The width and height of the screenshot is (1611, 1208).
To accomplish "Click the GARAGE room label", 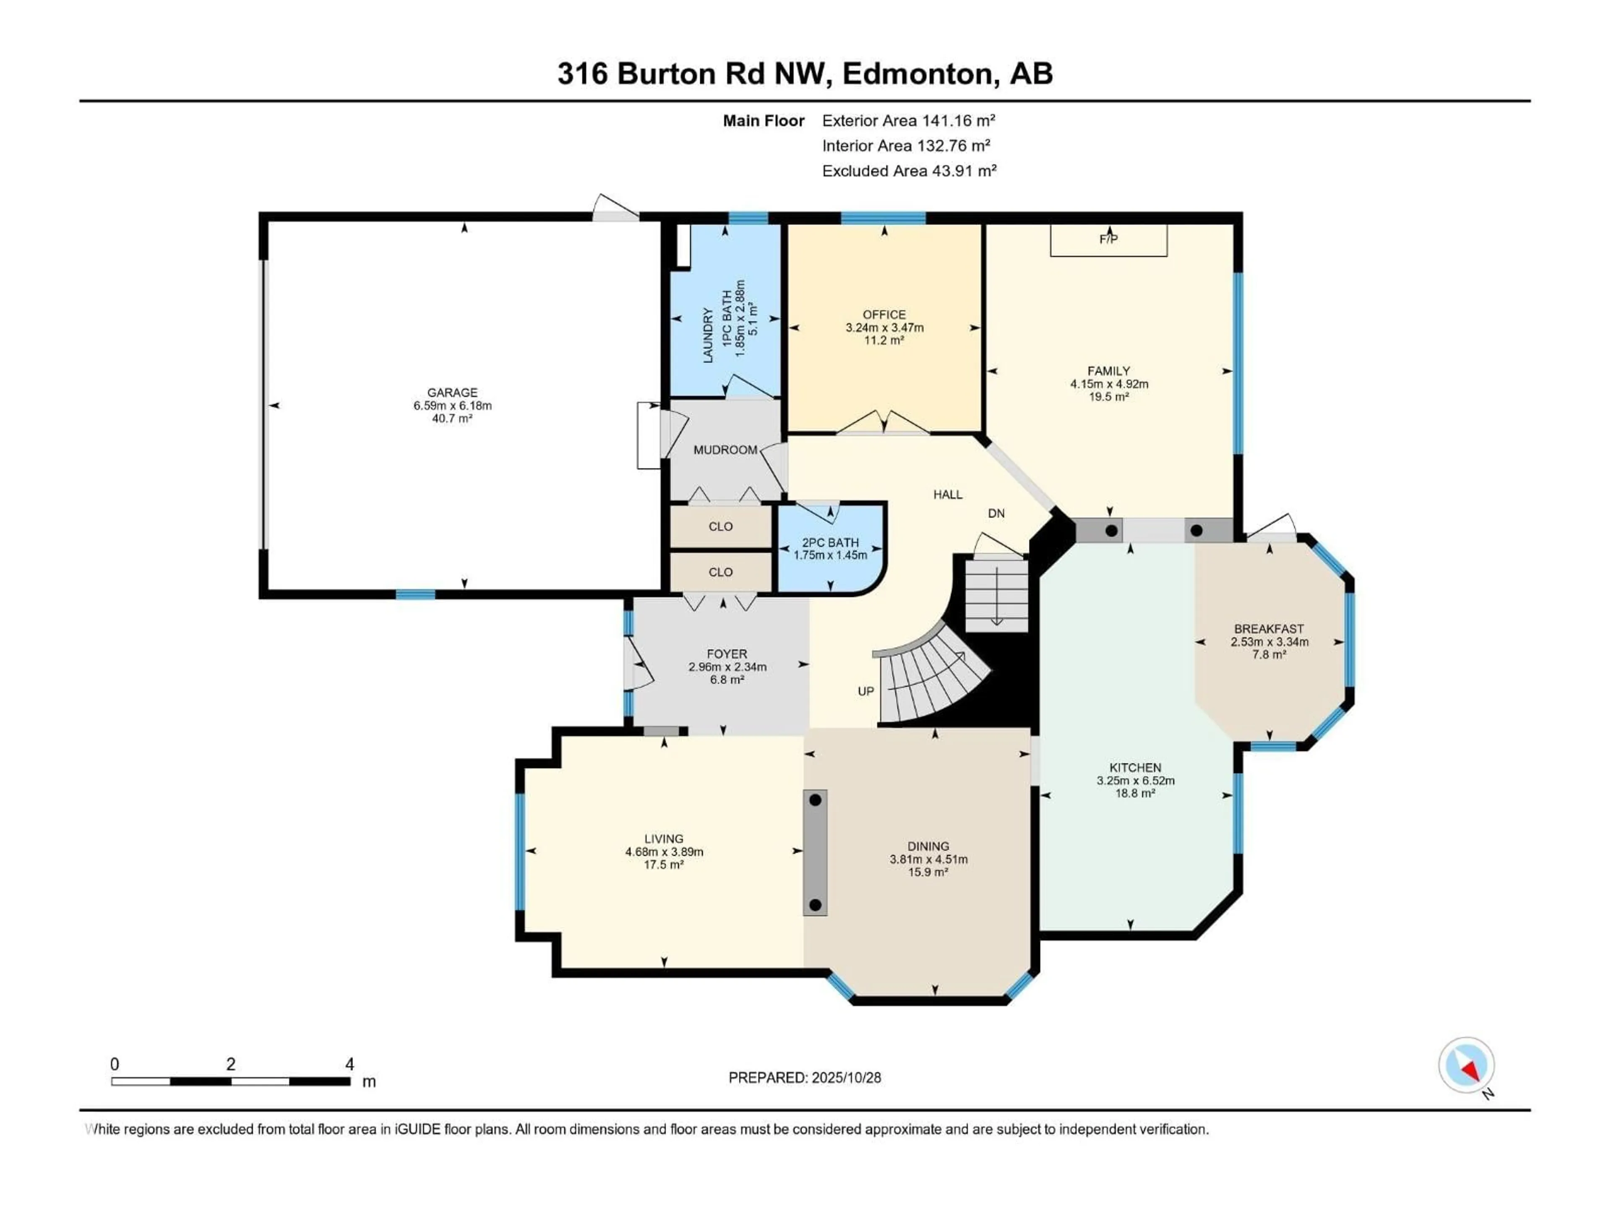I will pyautogui.click(x=452, y=393).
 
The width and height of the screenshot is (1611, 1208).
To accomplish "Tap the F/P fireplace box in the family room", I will pyautogui.click(x=1108, y=240).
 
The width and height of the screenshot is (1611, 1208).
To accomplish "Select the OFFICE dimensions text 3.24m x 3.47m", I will pyautogui.click(x=884, y=328).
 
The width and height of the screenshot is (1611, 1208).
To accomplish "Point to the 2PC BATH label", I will pyautogui.click(x=830, y=542).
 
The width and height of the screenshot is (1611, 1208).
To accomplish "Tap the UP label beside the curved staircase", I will pyautogui.click(x=865, y=691).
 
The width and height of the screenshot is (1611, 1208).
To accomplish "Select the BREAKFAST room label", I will pyautogui.click(x=1269, y=628).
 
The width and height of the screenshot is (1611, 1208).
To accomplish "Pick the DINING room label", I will pyautogui.click(x=928, y=846).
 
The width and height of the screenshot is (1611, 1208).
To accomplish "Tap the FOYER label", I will pyautogui.click(x=726, y=654).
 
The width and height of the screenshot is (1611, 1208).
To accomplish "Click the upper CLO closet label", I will pyautogui.click(x=720, y=526).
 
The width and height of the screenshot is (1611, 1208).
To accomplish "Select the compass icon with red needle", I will pyautogui.click(x=1466, y=1066).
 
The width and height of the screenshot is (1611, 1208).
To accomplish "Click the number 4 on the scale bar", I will pyautogui.click(x=349, y=1065).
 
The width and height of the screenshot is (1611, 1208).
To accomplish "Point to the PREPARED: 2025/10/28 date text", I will pyautogui.click(x=804, y=1078).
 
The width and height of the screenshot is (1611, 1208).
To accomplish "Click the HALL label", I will pyautogui.click(x=948, y=495).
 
